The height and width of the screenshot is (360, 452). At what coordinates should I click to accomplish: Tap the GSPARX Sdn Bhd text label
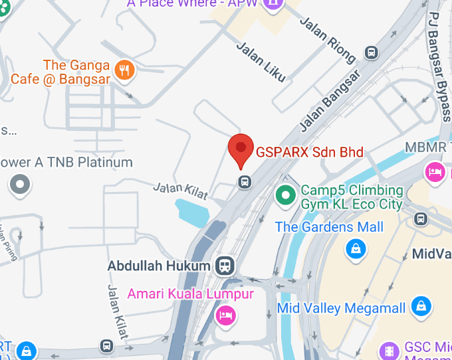pos(310,152)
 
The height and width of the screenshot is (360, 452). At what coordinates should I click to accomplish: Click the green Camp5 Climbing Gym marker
pos(286,196)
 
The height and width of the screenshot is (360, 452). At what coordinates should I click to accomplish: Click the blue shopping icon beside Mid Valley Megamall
pos(421,306)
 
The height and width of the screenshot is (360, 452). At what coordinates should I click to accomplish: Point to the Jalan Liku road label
pos(261,62)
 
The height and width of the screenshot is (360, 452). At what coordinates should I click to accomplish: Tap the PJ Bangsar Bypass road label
pos(439,66)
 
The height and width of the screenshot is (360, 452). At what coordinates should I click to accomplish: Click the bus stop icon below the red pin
pos(245,181)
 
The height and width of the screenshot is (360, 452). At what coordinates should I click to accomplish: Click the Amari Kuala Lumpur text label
pos(191,294)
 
